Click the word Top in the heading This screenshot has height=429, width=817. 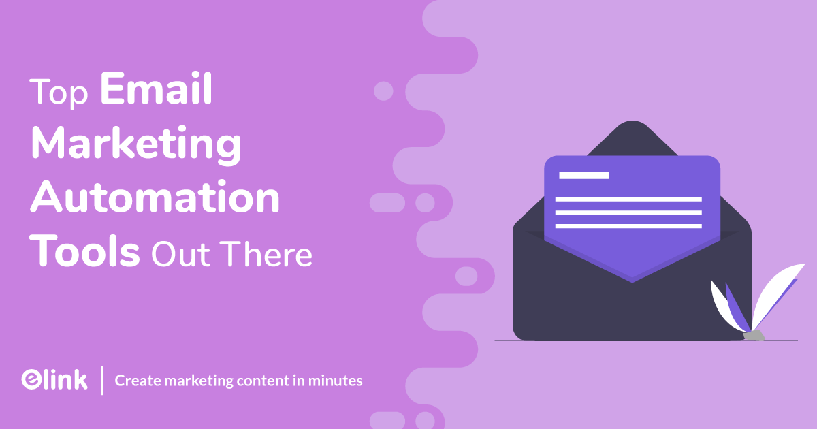61,93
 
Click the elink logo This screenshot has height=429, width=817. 54,380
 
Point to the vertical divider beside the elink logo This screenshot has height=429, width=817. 102,380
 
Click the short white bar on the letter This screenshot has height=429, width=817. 583,175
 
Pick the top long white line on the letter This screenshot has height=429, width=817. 628,199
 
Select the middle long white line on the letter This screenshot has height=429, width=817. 628,212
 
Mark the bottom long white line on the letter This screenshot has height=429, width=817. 628,225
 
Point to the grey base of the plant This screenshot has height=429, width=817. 753,335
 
